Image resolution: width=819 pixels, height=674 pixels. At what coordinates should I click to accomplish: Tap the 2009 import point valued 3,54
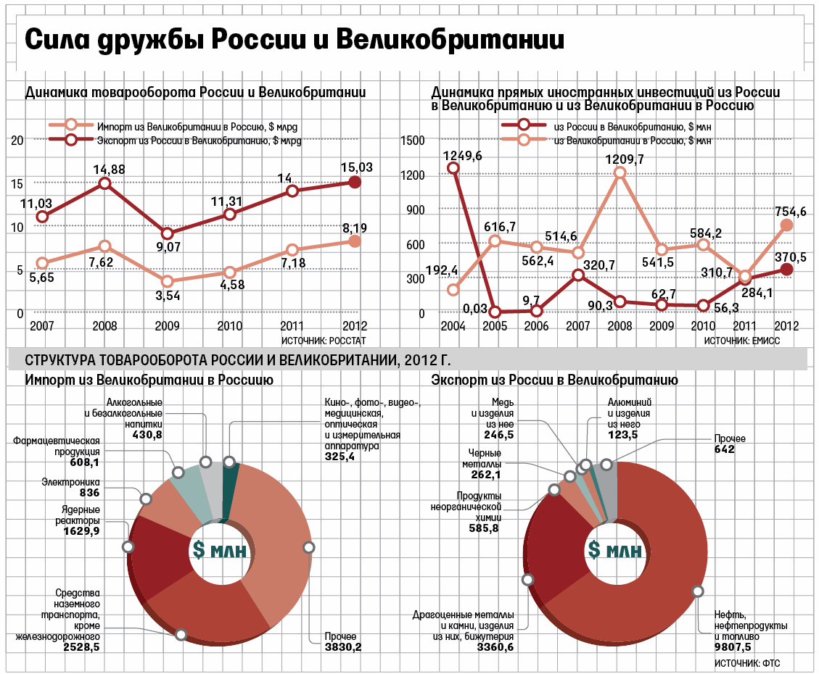168,281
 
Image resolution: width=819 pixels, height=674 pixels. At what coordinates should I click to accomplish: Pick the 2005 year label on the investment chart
494,327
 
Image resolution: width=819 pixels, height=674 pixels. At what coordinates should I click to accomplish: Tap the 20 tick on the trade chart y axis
19,140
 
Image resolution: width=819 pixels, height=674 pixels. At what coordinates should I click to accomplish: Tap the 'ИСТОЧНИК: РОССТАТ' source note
323,340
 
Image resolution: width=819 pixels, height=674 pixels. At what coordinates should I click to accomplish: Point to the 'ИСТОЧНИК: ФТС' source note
752,663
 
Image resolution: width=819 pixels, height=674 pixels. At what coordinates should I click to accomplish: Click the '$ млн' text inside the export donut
616,551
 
